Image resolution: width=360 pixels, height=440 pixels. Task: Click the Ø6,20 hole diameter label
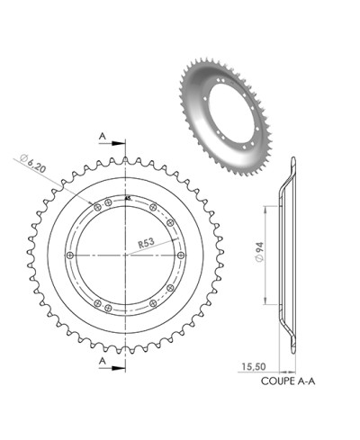(x=32, y=164)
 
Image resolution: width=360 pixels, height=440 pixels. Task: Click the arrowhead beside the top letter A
(x=120, y=142)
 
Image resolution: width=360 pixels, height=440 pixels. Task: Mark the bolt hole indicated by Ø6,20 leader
(x=94, y=208)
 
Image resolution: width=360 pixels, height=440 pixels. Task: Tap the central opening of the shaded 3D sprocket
(x=236, y=102)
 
